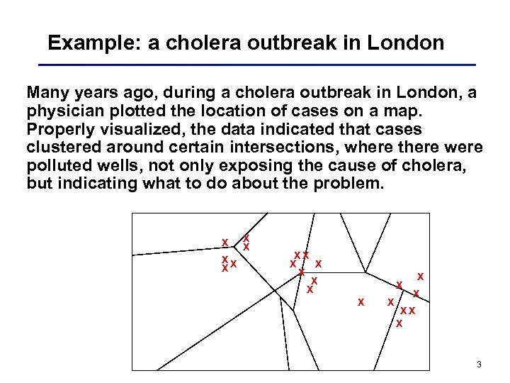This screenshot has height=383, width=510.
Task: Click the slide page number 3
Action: [479, 365]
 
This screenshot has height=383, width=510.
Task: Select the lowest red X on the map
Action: [399, 323]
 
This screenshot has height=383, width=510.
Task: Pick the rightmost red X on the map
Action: [420, 276]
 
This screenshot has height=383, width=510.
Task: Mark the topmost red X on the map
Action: [246, 238]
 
